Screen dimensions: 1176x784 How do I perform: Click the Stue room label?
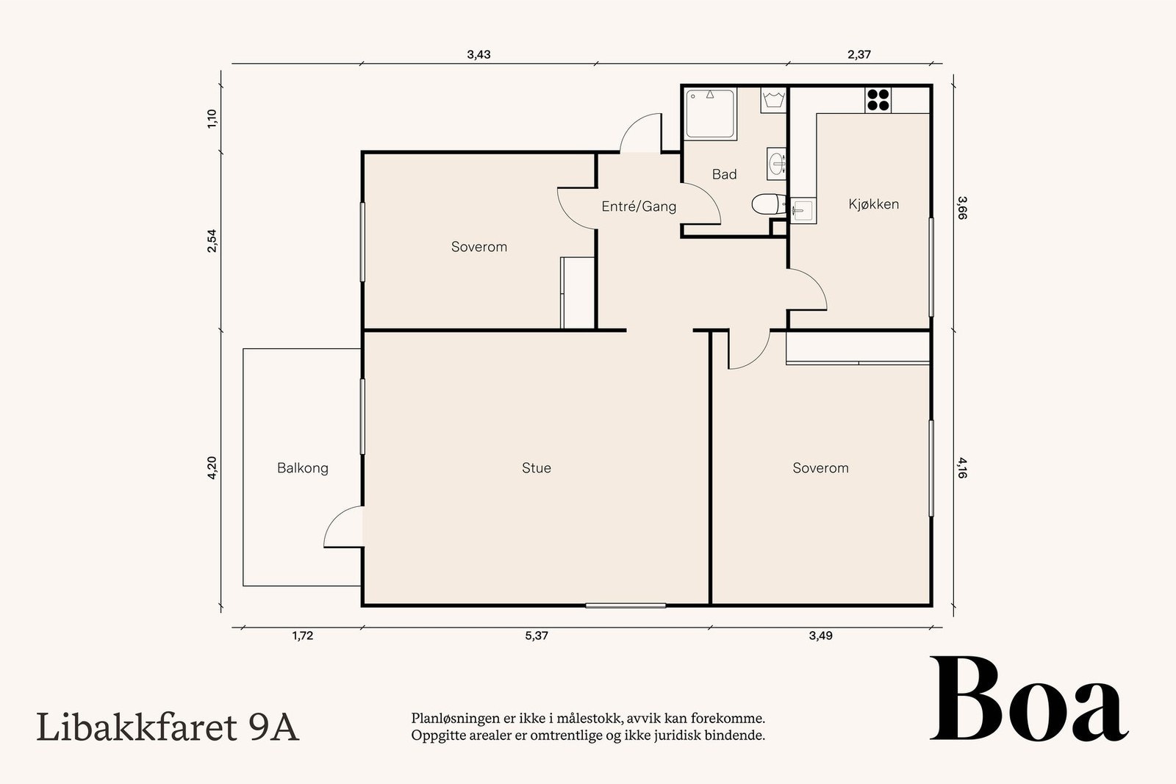pyautogui.click(x=536, y=467)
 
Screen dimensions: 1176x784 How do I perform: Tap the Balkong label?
pyautogui.click(x=302, y=468)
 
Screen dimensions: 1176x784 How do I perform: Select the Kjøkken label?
pyautogui.click(x=874, y=204)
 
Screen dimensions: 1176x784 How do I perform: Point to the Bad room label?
pyautogui.click(x=724, y=174)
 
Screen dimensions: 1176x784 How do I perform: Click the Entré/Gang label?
pyautogui.click(x=639, y=206)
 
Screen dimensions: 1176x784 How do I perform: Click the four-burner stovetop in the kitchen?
pyautogui.click(x=878, y=100)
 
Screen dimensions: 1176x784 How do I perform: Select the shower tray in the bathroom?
pyautogui.click(x=710, y=114)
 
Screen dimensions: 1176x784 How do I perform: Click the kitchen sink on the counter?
pyautogui.click(x=803, y=210)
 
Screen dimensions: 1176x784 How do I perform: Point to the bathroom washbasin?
pyautogui.click(x=776, y=164)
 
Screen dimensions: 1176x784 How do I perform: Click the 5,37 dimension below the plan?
pyautogui.click(x=536, y=636)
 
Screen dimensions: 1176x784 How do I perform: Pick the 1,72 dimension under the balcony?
pyautogui.click(x=302, y=636)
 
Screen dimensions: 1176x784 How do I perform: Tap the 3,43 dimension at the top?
pyautogui.click(x=478, y=54)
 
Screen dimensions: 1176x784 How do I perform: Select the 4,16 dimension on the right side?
pyautogui.click(x=962, y=467)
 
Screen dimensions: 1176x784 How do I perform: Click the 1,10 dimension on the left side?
pyautogui.click(x=212, y=118)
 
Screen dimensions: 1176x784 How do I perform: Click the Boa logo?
pyautogui.click(x=1029, y=699)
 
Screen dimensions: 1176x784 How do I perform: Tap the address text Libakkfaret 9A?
pyautogui.click(x=168, y=727)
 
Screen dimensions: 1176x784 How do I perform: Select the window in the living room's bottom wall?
pyautogui.click(x=625, y=605)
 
